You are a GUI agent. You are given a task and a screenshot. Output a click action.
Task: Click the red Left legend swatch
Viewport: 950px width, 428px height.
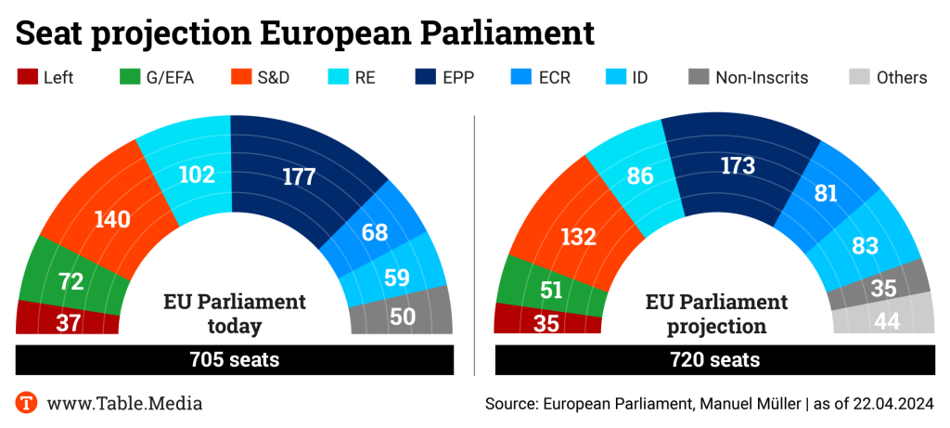(x=27, y=77)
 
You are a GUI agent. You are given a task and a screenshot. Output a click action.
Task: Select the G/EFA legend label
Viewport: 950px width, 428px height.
(x=171, y=77)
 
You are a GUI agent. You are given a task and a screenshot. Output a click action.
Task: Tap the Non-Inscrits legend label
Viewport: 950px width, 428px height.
(x=762, y=77)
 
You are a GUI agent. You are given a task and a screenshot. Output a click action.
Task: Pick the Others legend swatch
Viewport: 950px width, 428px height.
(x=859, y=77)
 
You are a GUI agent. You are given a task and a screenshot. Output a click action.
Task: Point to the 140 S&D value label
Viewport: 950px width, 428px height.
(x=111, y=219)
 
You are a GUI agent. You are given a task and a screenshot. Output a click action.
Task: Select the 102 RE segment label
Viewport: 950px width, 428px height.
(x=196, y=174)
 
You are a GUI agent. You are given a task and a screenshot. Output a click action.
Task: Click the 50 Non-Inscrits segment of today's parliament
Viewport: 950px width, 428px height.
(x=401, y=317)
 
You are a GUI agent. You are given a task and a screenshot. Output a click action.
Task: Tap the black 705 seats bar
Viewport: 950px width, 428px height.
(x=234, y=359)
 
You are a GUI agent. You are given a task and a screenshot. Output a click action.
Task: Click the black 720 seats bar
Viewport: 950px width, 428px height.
(x=713, y=359)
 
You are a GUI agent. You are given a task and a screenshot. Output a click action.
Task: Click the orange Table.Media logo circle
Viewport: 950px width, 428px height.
(x=27, y=403)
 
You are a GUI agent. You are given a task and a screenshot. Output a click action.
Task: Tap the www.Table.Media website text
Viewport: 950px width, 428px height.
(x=124, y=403)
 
